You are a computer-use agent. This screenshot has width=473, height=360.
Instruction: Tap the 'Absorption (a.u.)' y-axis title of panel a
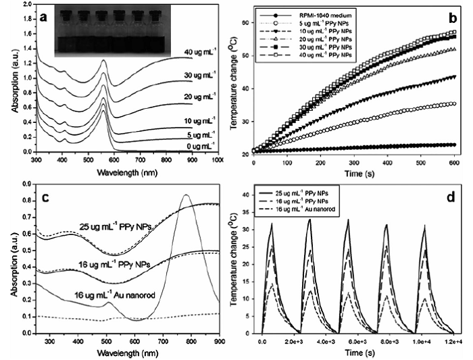(7, 82)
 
